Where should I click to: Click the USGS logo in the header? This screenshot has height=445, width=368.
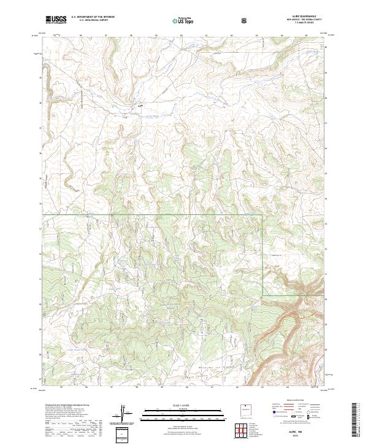(x=56, y=20)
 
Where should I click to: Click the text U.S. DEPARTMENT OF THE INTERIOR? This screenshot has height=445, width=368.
(x=93, y=17)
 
